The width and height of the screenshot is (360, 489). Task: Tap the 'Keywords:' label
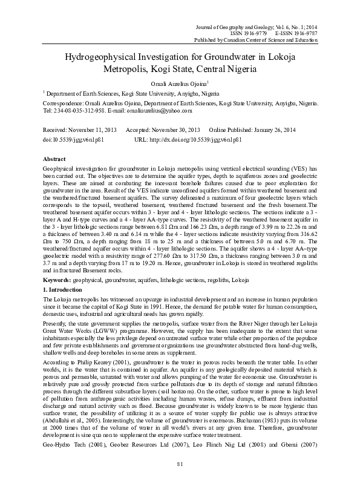tap(59, 264)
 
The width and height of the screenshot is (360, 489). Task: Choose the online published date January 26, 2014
tap(270, 131)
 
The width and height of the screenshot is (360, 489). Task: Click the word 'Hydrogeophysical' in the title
tap(108, 57)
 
